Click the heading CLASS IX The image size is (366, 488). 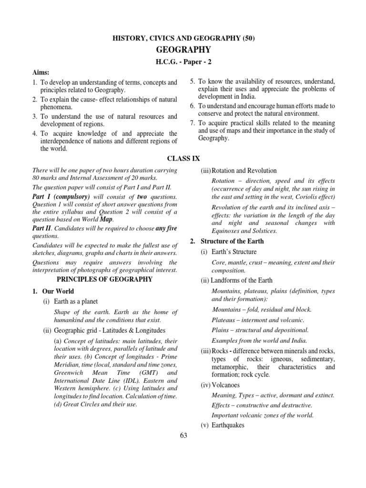[x=183, y=158]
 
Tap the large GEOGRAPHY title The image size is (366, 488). [x=183, y=50]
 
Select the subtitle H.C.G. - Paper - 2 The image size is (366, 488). [x=183, y=62]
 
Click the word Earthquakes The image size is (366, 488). [x=229, y=426]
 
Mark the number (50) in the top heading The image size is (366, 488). [x=247, y=39]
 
